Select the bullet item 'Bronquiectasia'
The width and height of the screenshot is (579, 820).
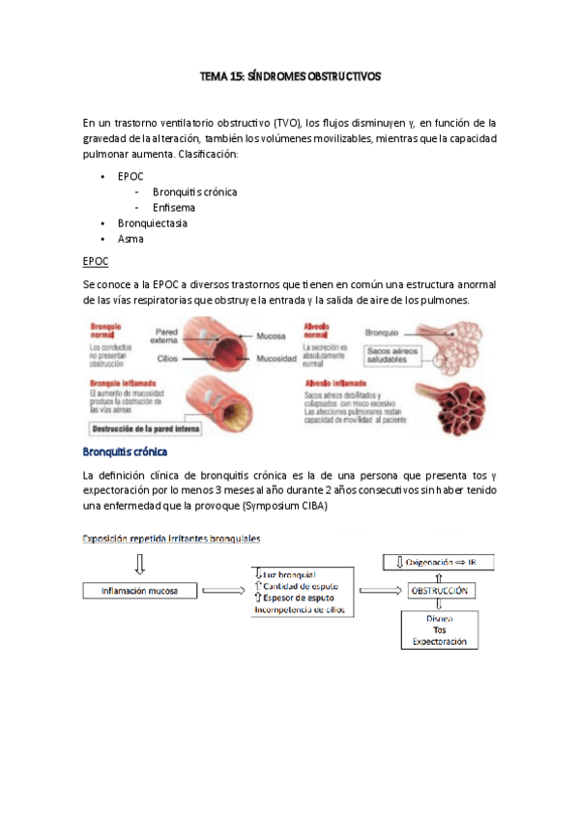point(152,222)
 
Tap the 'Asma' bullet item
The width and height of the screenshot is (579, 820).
point(130,239)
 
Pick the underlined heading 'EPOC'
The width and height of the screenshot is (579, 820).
point(96,261)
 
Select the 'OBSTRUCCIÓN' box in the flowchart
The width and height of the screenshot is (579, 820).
point(440,590)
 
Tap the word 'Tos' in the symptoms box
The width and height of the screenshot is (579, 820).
point(439,630)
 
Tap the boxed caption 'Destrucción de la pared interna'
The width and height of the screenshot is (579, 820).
point(157,426)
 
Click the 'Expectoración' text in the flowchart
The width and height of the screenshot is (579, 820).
point(439,641)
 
